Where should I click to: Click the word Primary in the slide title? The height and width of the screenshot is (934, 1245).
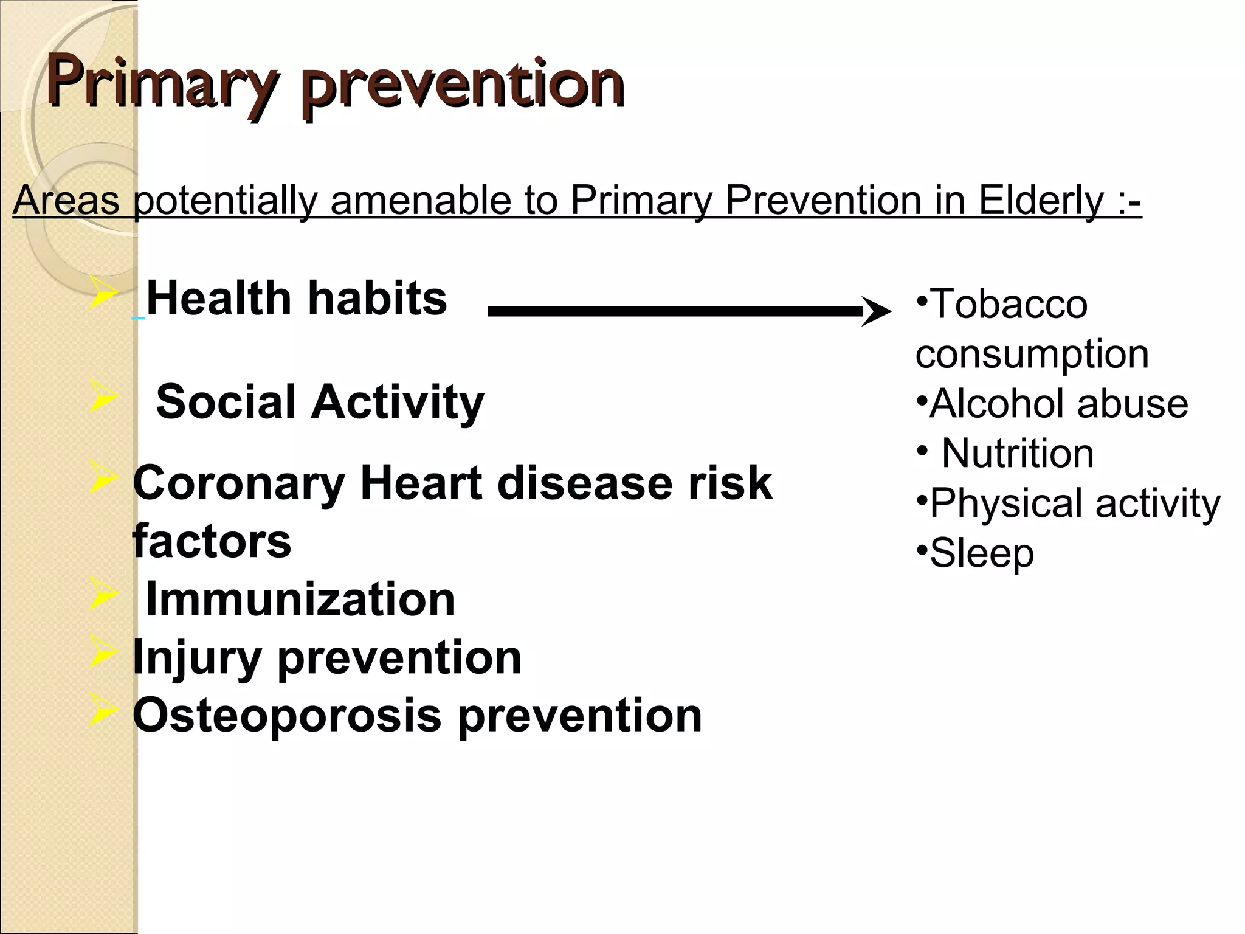tap(161, 84)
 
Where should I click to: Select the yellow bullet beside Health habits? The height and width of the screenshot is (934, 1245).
tap(102, 292)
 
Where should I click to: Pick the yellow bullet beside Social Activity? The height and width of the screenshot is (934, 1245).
tap(102, 396)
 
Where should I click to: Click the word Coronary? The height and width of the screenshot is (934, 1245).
tap(239, 484)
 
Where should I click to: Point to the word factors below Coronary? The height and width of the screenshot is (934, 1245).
tap(212, 541)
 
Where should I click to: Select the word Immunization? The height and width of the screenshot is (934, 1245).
tap(300, 600)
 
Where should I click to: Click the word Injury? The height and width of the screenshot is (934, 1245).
tap(196, 658)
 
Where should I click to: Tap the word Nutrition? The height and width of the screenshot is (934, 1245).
tap(1018, 454)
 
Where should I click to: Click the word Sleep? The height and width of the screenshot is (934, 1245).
tap(981, 553)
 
